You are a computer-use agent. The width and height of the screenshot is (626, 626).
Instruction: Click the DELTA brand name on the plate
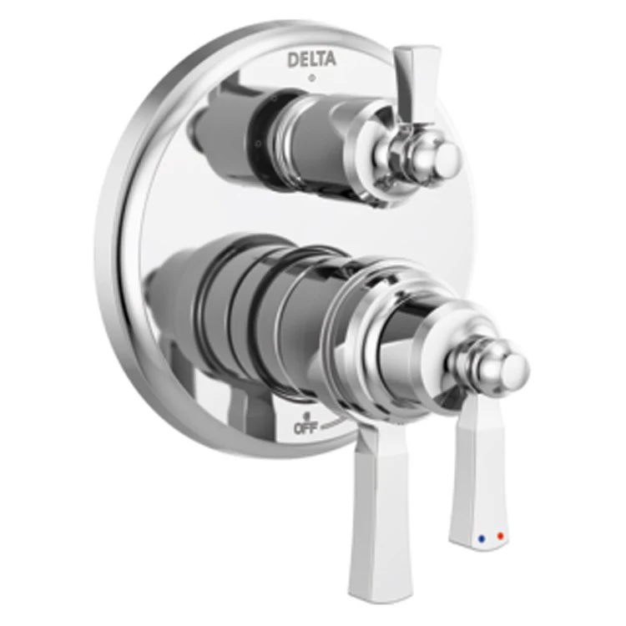tap(313, 60)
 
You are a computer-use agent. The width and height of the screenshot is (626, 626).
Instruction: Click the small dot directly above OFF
tap(307, 415)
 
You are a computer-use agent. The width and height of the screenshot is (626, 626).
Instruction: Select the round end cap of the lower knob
tap(511, 367)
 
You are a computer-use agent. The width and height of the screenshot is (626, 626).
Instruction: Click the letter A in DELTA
tap(331, 60)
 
